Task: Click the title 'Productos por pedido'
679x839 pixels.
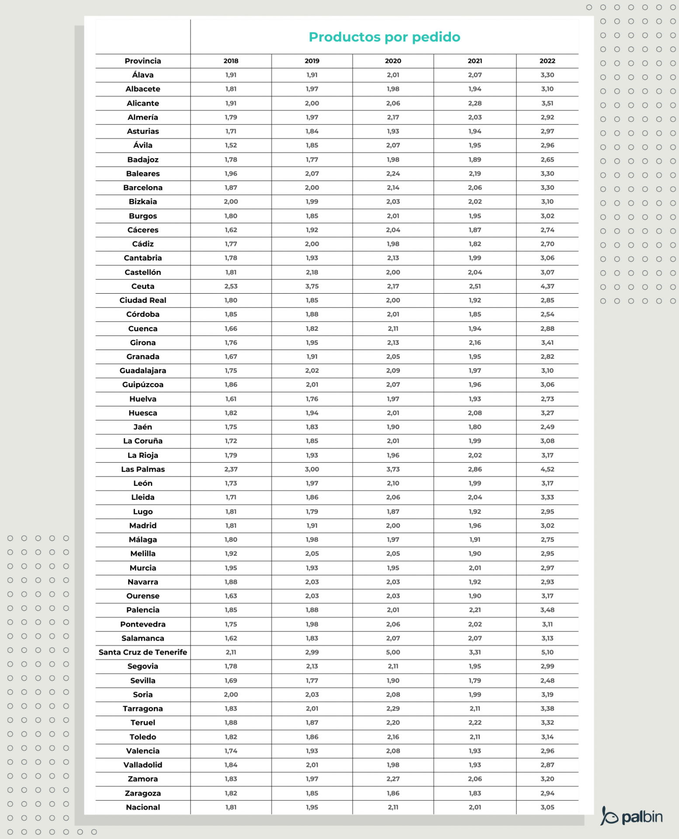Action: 384,37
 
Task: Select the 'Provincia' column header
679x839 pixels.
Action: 143,61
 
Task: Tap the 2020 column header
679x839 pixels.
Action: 393,61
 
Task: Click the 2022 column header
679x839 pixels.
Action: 547,61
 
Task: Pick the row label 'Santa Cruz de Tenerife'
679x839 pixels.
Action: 143,652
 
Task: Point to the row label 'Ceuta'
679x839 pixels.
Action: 143,286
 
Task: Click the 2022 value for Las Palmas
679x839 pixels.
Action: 547,469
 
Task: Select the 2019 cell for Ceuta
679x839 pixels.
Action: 312,286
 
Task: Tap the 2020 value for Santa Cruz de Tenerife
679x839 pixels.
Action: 393,652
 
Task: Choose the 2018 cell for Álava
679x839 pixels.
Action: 231,75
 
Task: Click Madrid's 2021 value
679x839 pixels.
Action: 475,525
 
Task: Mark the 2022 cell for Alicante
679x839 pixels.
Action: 547,103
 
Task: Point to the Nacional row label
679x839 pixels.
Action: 143,807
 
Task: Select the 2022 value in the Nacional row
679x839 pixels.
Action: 547,807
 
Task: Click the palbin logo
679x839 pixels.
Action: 631,816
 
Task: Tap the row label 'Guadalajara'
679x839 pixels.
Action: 143,371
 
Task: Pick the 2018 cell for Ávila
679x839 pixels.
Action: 231,145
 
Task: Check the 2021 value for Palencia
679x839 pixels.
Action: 475,610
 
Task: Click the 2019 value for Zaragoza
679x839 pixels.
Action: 312,793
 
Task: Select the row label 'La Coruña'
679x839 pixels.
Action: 143,441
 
